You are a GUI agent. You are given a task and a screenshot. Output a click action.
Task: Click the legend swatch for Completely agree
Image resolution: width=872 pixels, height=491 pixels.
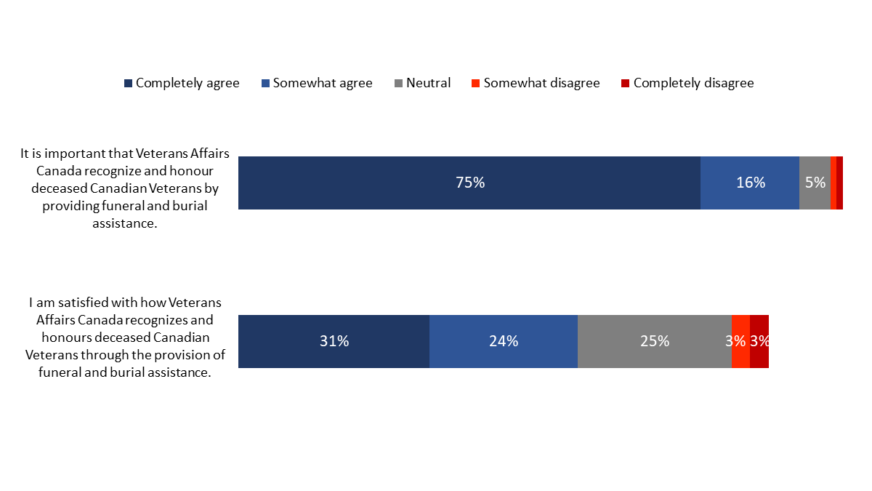tap(129, 84)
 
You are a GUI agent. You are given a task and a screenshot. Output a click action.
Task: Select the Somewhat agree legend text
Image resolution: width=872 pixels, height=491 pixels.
tap(323, 83)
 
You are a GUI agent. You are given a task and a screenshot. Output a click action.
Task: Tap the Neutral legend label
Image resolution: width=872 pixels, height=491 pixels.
tap(428, 83)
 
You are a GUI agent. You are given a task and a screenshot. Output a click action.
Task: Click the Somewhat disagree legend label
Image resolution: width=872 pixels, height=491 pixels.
tap(541, 83)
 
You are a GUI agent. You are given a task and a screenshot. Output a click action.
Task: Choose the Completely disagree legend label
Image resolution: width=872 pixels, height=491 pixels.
tap(693, 83)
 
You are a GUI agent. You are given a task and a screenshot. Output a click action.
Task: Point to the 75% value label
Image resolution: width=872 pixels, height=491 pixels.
tap(470, 183)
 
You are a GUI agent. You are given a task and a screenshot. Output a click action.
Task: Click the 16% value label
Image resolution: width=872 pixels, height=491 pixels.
tap(751, 183)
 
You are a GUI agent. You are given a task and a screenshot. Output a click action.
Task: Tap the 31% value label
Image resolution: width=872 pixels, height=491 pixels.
tap(334, 341)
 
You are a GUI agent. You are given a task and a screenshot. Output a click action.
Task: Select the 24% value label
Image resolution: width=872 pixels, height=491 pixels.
tap(504, 341)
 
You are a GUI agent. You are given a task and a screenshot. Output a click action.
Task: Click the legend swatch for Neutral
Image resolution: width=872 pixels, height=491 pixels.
tap(399, 84)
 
